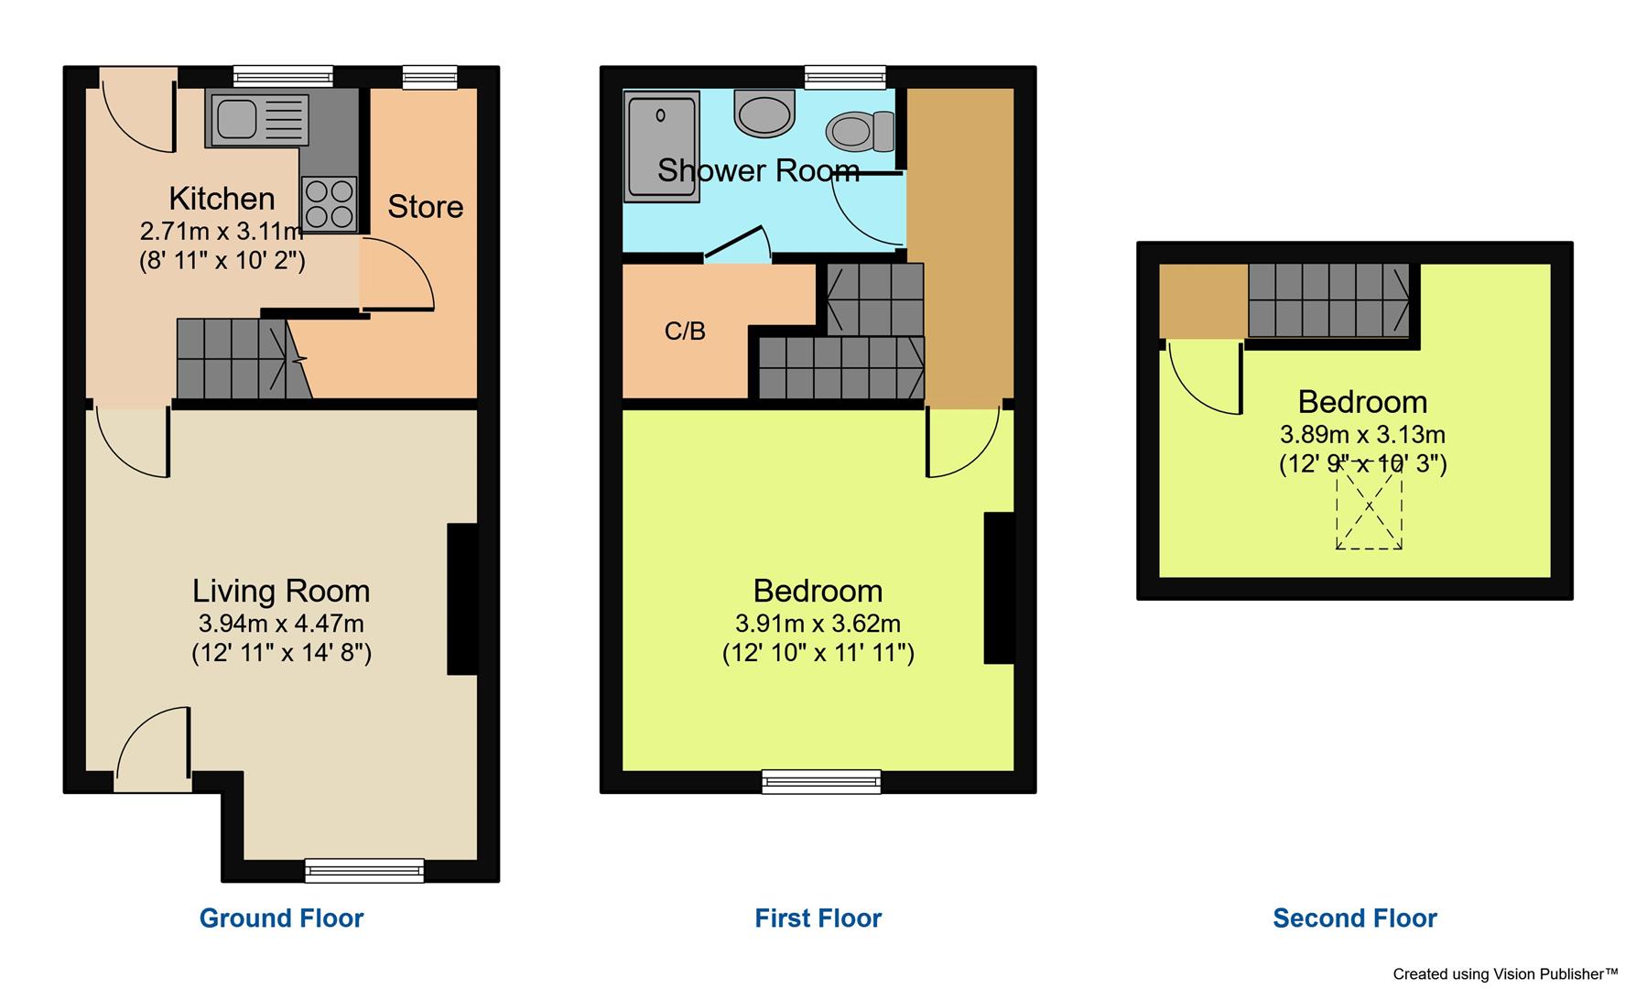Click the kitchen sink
coord(259,120)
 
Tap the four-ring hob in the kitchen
coord(330,203)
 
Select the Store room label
coord(425,207)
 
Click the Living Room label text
coord(281,592)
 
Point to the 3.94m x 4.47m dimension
coord(281,625)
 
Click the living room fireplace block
coord(462,599)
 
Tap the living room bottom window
coord(364,870)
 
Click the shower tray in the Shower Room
coord(661,147)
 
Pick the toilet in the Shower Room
coord(861,131)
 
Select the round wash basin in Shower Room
coord(764,115)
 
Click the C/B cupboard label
coord(685,331)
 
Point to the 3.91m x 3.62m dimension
coord(818,625)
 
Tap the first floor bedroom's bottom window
coord(821,781)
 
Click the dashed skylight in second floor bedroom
coord(1369,506)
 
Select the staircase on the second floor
coord(1329,300)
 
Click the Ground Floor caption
coord(281,918)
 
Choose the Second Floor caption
coord(1354,918)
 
